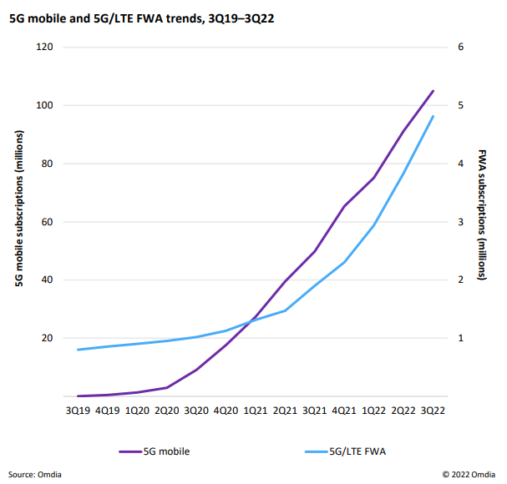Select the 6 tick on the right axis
coord(460,47)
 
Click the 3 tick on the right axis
coord(460,222)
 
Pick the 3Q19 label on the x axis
coord(78,411)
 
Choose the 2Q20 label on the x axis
coord(166,411)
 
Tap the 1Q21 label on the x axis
coord(256,411)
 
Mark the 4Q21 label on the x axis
coord(344,411)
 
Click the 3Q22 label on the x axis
coord(433,411)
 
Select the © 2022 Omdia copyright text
coord(470,474)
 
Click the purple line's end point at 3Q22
coord(433,91)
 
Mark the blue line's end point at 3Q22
coord(433,117)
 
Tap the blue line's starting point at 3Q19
coord(78,350)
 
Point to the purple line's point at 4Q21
coord(344,205)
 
